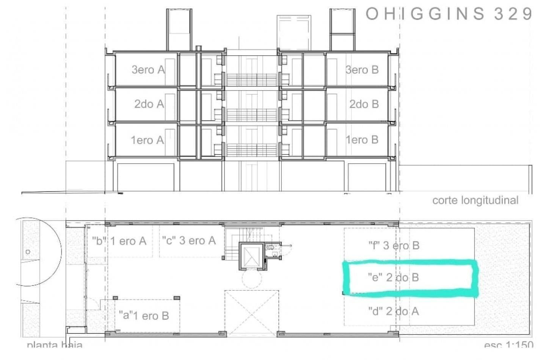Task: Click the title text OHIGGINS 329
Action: (449, 14)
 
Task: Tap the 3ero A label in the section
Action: (148, 70)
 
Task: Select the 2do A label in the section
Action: (149, 104)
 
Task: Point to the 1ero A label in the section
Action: (148, 140)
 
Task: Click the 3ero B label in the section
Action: (362, 70)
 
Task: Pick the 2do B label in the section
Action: (364, 104)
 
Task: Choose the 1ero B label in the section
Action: (362, 140)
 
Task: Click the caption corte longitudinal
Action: (475, 200)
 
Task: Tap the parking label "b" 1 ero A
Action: (119, 241)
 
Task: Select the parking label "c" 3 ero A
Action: (189, 241)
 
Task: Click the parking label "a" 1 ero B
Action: (144, 316)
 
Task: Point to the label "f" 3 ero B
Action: (394, 246)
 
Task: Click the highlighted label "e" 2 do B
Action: (393, 277)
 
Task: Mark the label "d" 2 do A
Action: (393, 311)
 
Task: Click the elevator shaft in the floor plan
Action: (250, 256)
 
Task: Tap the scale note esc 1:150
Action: (508, 345)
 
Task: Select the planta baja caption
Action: (55, 345)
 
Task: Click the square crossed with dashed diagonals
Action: (251, 313)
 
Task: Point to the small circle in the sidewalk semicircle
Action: (28, 252)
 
